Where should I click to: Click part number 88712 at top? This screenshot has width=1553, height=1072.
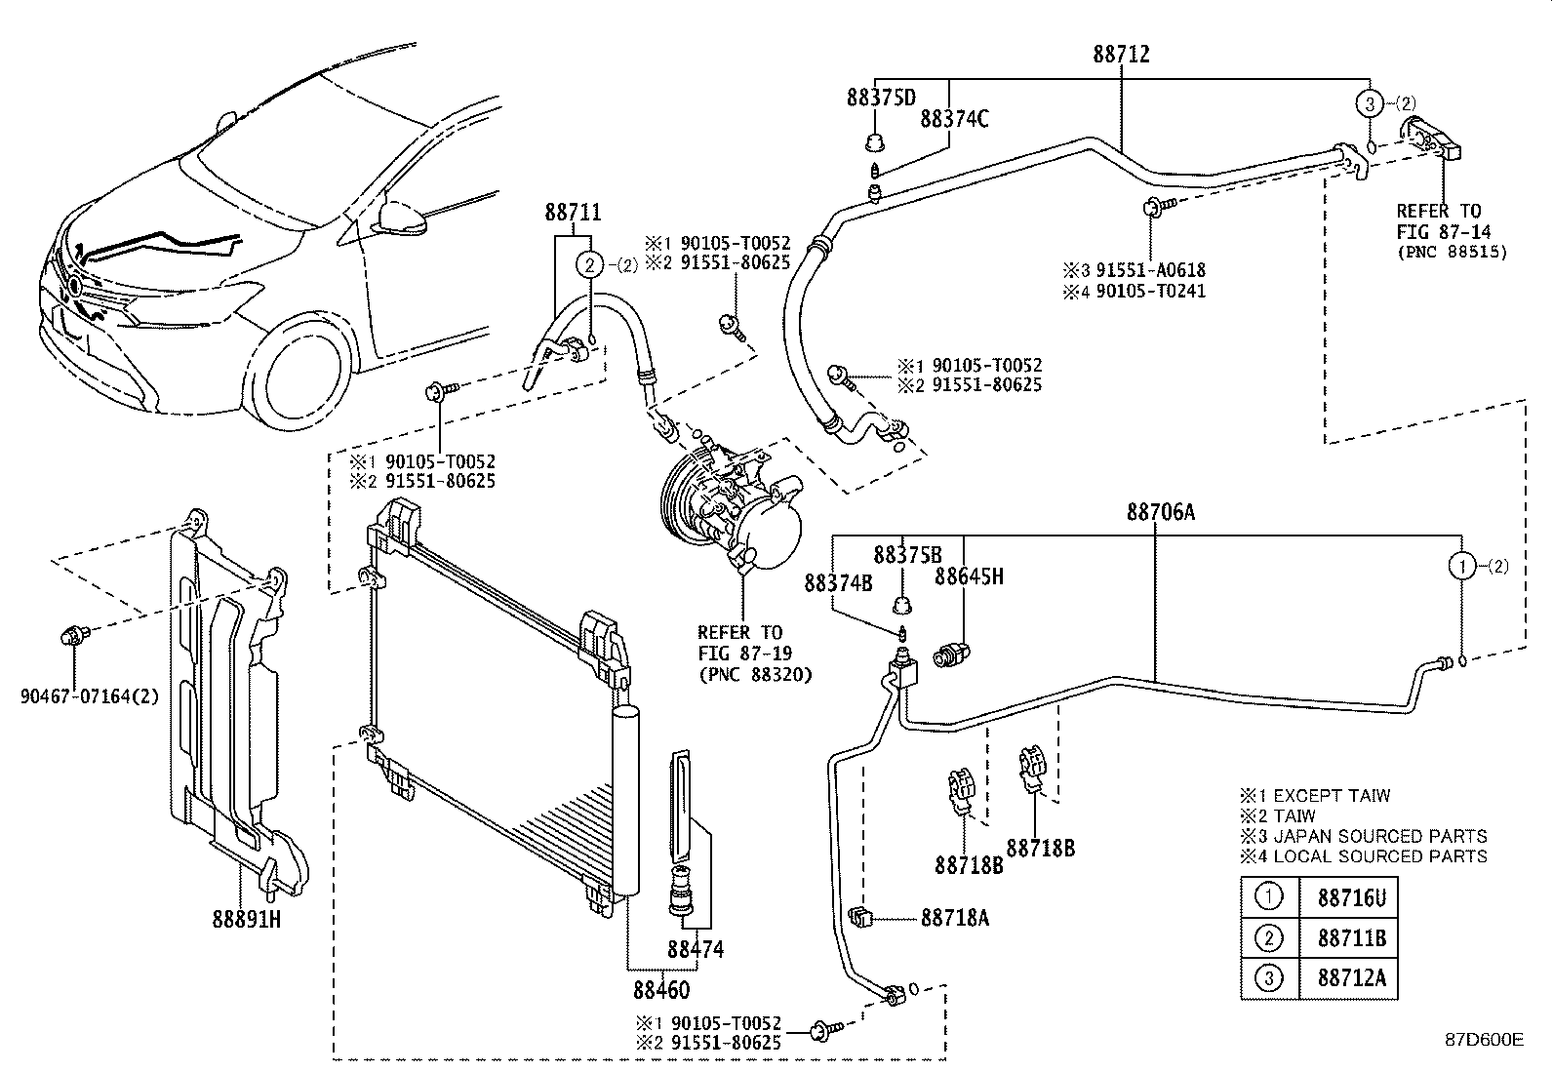pyautogui.click(x=1121, y=55)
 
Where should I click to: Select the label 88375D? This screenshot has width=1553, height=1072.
pyautogui.click(x=881, y=98)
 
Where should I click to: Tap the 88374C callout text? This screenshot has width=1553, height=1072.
pyautogui.click(x=954, y=119)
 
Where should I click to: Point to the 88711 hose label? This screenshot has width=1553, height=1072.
pyautogui.click(x=573, y=213)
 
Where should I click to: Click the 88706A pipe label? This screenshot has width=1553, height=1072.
pyautogui.click(x=1160, y=512)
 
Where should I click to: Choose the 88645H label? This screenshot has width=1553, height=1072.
pyautogui.click(x=968, y=576)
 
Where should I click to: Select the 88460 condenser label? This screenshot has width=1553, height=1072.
pyautogui.click(x=661, y=989)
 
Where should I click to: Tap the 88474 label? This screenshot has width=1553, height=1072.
pyautogui.click(x=696, y=948)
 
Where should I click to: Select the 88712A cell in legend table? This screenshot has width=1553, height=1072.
pyautogui.click(x=1351, y=978)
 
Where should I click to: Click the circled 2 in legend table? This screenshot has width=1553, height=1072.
pyautogui.click(x=1268, y=938)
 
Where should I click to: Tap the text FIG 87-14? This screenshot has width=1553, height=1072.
pyautogui.click(x=1440, y=231)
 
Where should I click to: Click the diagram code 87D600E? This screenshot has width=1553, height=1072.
pyautogui.click(x=1484, y=1040)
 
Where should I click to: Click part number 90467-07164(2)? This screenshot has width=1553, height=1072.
pyautogui.click(x=89, y=696)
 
